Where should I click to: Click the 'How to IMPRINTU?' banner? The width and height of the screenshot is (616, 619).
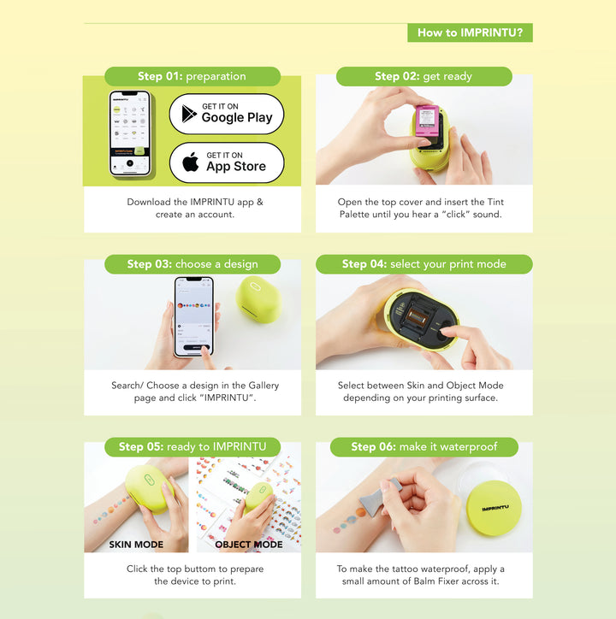pos(470,33)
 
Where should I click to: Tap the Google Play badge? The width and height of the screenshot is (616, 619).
pos(227,114)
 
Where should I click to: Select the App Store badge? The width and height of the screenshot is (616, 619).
pos(227,162)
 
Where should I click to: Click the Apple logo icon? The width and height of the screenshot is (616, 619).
pos(191,162)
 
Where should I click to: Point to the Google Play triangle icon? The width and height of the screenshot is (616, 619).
pos(189,114)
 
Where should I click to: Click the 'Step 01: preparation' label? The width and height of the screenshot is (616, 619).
pos(192,76)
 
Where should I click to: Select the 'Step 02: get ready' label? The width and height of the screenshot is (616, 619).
pos(423,76)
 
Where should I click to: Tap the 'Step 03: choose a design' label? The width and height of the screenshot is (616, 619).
pos(192,264)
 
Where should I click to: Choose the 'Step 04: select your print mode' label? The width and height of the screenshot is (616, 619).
pos(423,264)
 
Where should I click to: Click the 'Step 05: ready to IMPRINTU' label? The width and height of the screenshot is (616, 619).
pos(192,446)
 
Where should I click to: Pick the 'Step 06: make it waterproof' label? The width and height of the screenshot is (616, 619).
pos(423,446)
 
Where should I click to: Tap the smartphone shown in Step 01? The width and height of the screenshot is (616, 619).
pos(129,134)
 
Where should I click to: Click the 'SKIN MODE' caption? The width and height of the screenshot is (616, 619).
pos(136,544)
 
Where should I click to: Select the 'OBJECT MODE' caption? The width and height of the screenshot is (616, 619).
pos(248,544)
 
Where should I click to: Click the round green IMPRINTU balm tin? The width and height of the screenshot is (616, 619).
pos(495,509)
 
